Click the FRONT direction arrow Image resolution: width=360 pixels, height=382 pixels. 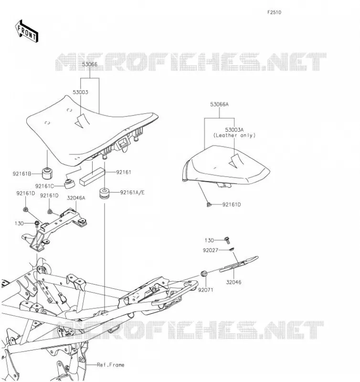click(x=27, y=32)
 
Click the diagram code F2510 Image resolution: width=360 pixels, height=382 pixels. click(x=274, y=12)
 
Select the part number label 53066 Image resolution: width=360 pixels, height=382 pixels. click(x=90, y=64)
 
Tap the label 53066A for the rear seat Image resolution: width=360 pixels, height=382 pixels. click(x=220, y=104)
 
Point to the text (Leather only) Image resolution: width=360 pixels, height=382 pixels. click(x=234, y=135)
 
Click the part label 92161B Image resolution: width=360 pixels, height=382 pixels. click(x=22, y=174)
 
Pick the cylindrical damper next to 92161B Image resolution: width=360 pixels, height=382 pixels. click(x=47, y=173)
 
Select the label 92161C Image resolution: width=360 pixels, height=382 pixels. click(x=44, y=186)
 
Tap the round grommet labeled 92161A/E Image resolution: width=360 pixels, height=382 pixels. click(x=105, y=193)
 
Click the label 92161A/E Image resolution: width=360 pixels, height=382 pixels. click(x=132, y=192)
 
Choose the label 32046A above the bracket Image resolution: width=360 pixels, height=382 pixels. click(x=76, y=198)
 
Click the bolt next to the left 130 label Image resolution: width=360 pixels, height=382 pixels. click(x=37, y=223)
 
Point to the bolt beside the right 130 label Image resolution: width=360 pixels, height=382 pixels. click(x=227, y=241)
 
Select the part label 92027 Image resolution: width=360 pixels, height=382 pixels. click(x=211, y=250)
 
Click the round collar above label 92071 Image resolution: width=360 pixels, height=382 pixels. click(x=204, y=273)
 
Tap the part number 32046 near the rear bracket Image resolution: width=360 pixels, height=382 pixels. click(x=233, y=282)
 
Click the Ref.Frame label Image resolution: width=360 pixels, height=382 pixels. click(x=111, y=365)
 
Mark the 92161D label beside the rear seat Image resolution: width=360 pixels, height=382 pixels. click(x=232, y=205)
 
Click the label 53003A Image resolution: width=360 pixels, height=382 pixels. click(x=234, y=129)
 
